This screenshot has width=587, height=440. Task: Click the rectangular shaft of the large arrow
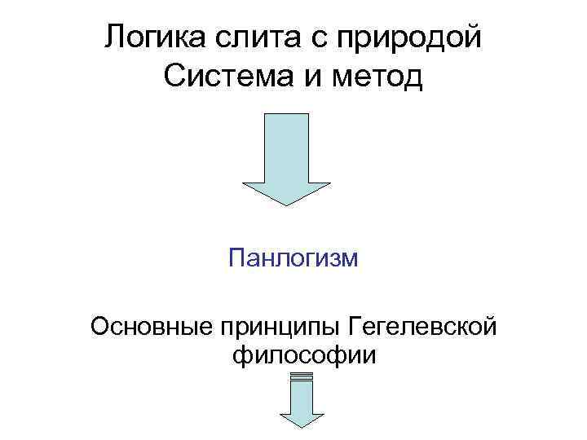click(287, 147)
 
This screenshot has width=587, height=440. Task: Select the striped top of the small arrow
click(302, 376)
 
